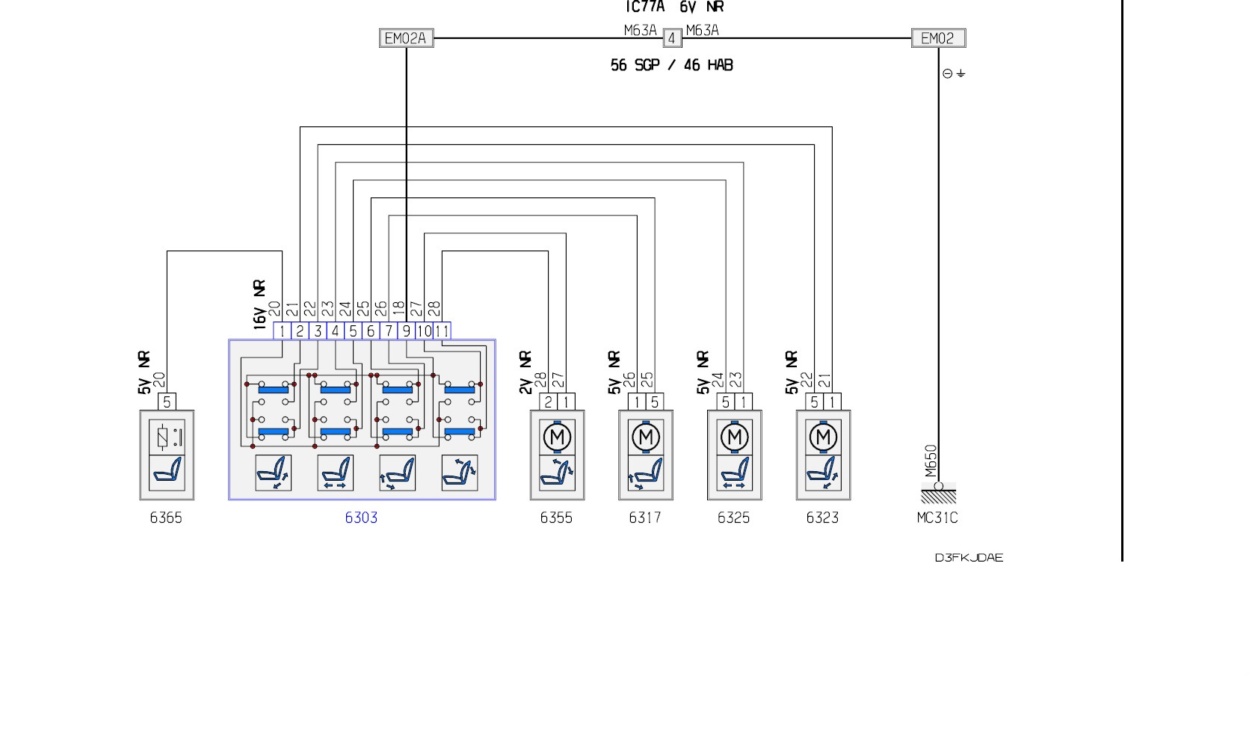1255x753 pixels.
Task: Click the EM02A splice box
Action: tap(406, 38)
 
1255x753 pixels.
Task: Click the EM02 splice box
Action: tap(938, 38)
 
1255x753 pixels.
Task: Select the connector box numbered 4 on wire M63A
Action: tap(671, 38)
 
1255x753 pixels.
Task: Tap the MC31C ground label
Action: tap(937, 517)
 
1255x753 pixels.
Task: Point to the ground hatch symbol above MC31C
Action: tap(938, 496)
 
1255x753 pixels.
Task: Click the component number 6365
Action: tap(166, 517)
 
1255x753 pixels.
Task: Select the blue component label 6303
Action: tap(361, 517)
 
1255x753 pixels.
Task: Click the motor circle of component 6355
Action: tap(557, 437)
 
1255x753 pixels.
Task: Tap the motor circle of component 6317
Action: tap(646, 437)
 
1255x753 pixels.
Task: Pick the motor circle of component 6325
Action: tap(735, 437)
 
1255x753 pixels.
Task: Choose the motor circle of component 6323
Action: tap(823, 437)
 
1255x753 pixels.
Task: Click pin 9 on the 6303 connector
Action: tap(407, 331)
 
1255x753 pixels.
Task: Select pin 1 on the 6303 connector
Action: tap(282, 331)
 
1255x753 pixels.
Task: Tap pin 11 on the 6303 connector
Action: tap(442, 331)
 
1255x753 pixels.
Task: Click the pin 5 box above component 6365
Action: tap(167, 402)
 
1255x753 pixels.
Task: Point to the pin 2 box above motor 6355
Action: tap(549, 402)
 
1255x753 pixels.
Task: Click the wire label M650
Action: tap(931, 461)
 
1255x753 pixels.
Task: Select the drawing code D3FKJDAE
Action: tap(969, 558)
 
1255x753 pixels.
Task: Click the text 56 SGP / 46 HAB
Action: tap(671, 66)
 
